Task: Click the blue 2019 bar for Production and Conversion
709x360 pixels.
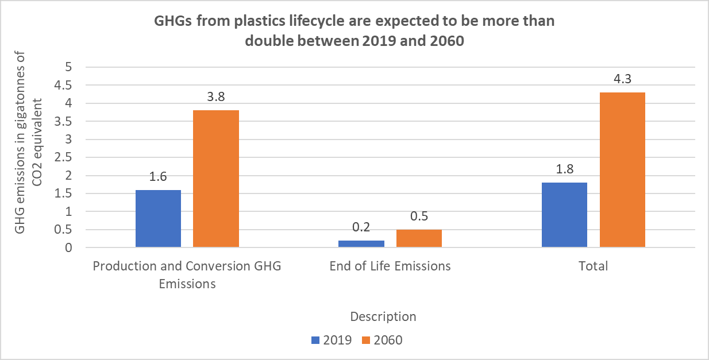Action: [158, 219]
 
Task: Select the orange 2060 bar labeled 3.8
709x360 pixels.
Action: [216, 179]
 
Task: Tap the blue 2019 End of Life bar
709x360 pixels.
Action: [361, 244]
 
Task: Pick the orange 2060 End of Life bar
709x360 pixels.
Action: [419, 238]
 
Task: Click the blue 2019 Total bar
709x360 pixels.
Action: [564, 215]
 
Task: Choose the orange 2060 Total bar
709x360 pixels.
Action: [622, 170]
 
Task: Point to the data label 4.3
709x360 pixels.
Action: [622, 79]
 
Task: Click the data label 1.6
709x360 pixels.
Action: [158, 176]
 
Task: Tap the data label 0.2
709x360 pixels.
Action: [361, 227]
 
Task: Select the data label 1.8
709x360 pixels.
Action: [565, 169]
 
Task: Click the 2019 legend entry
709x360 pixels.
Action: [332, 340]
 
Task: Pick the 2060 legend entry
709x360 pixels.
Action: [382, 340]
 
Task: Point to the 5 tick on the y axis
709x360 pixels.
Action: [68, 67]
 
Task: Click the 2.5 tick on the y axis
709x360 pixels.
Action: [63, 157]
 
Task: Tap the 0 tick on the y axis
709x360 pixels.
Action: [68, 247]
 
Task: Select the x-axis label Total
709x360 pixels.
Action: [593, 266]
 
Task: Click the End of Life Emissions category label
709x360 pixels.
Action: [390, 266]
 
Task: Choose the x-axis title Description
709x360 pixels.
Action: [383, 317]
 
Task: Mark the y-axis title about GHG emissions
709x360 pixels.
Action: [28, 142]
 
